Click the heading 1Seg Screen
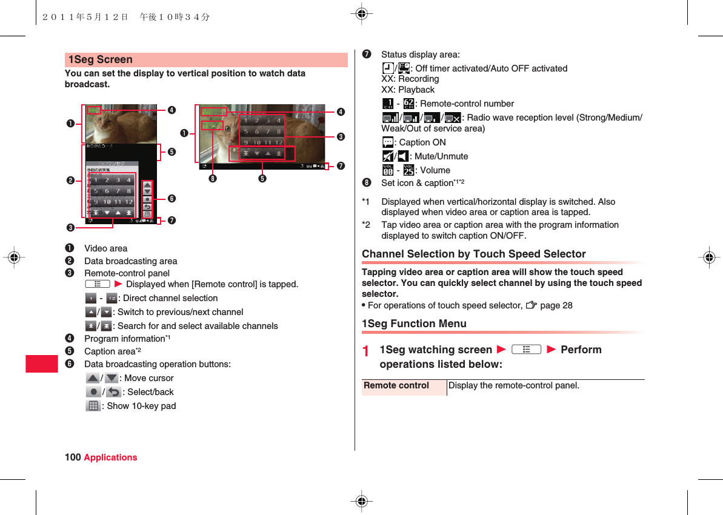click(101, 59)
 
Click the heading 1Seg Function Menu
click(414, 324)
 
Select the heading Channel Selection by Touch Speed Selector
click(473, 254)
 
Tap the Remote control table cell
click(396, 386)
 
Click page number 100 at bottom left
click(73, 457)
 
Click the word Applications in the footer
click(110, 457)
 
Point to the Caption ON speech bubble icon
click(388, 142)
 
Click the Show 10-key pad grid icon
click(93, 406)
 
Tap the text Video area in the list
click(105, 248)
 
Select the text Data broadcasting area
click(130, 261)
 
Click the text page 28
click(556, 305)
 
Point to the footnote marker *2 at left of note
click(366, 225)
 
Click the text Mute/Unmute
click(442, 156)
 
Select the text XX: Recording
click(410, 79)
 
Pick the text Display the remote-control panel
click(513, 385)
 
